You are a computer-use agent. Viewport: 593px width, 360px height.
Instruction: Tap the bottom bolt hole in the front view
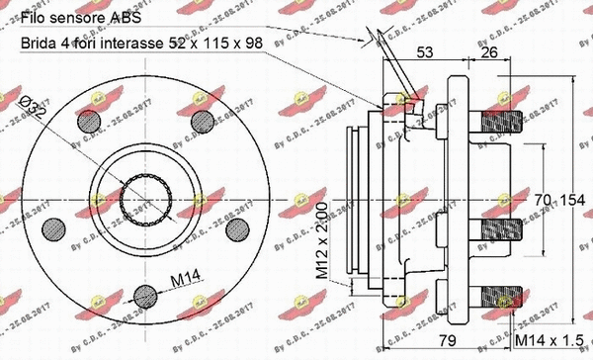144,294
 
